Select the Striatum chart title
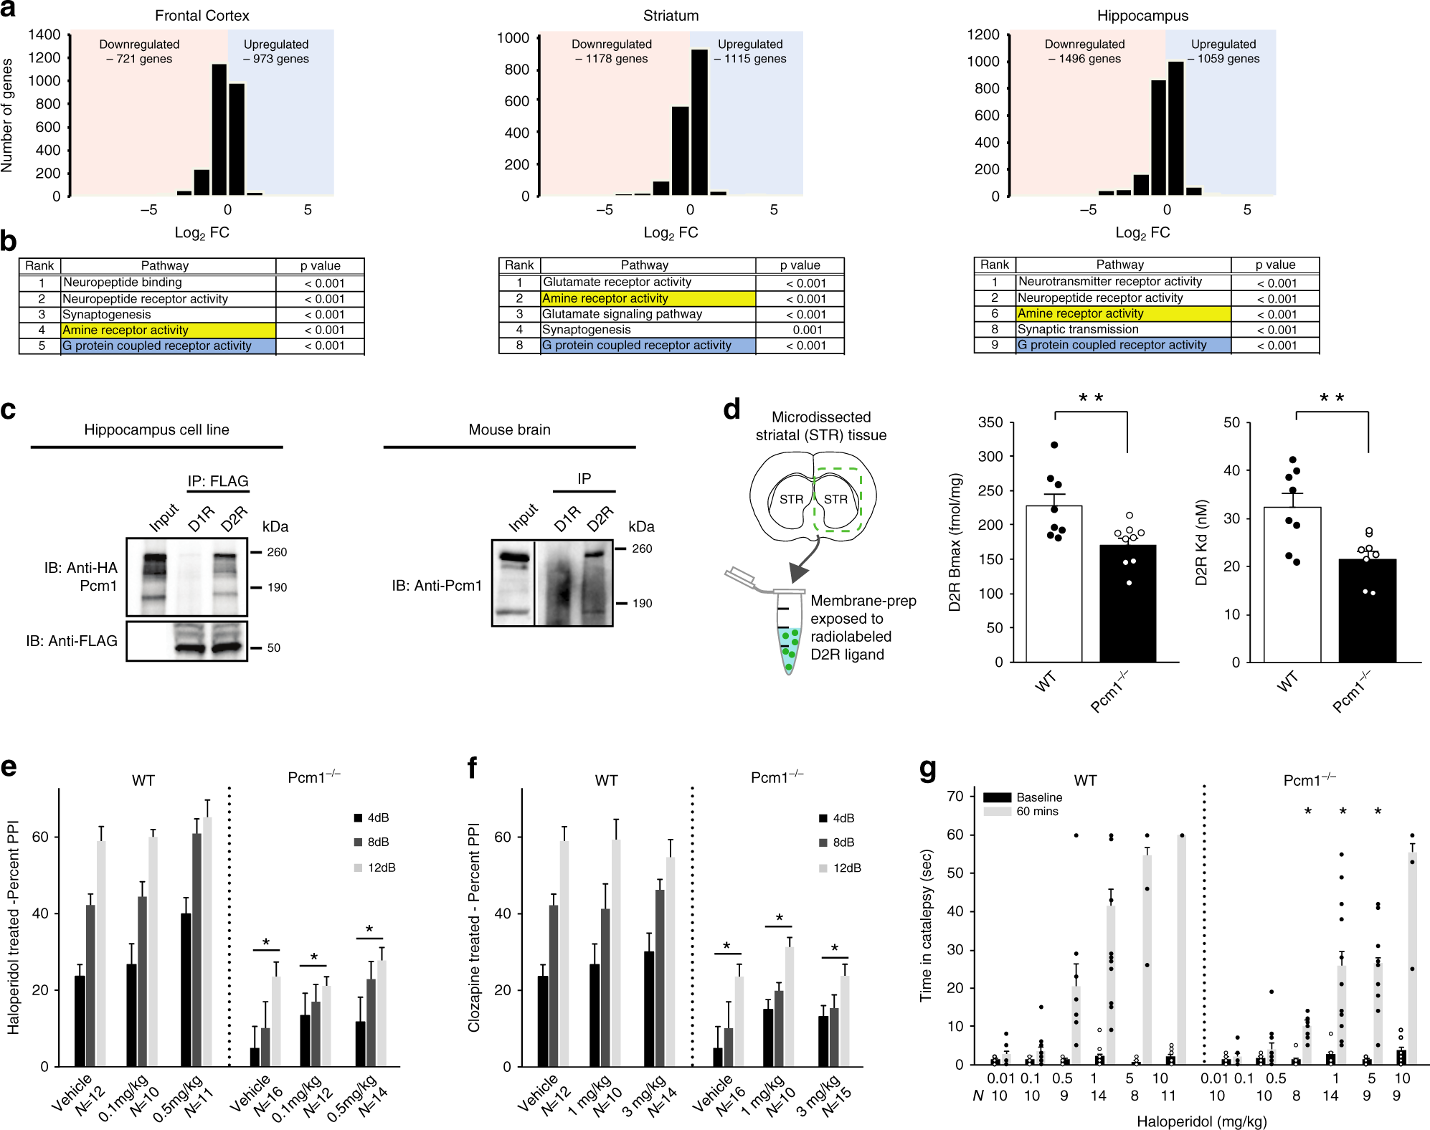coord(671,16)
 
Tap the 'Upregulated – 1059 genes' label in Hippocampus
coord(1223,52)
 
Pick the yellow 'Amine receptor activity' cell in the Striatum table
coord(648,298)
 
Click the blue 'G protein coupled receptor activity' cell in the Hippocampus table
coord(1123,345)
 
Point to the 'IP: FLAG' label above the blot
coord(218,481)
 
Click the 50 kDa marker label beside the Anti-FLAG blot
coord(273,647)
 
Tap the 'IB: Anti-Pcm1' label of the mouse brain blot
coord(437,586)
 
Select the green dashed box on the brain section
coord(838,500)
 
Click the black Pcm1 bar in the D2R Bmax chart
coord(1128,603)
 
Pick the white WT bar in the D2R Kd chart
coord(1292,584)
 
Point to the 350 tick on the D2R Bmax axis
coord(990,422)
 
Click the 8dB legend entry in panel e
coord(378,842)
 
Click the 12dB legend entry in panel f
coord(846,868)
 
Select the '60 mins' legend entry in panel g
coord(1037,812)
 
